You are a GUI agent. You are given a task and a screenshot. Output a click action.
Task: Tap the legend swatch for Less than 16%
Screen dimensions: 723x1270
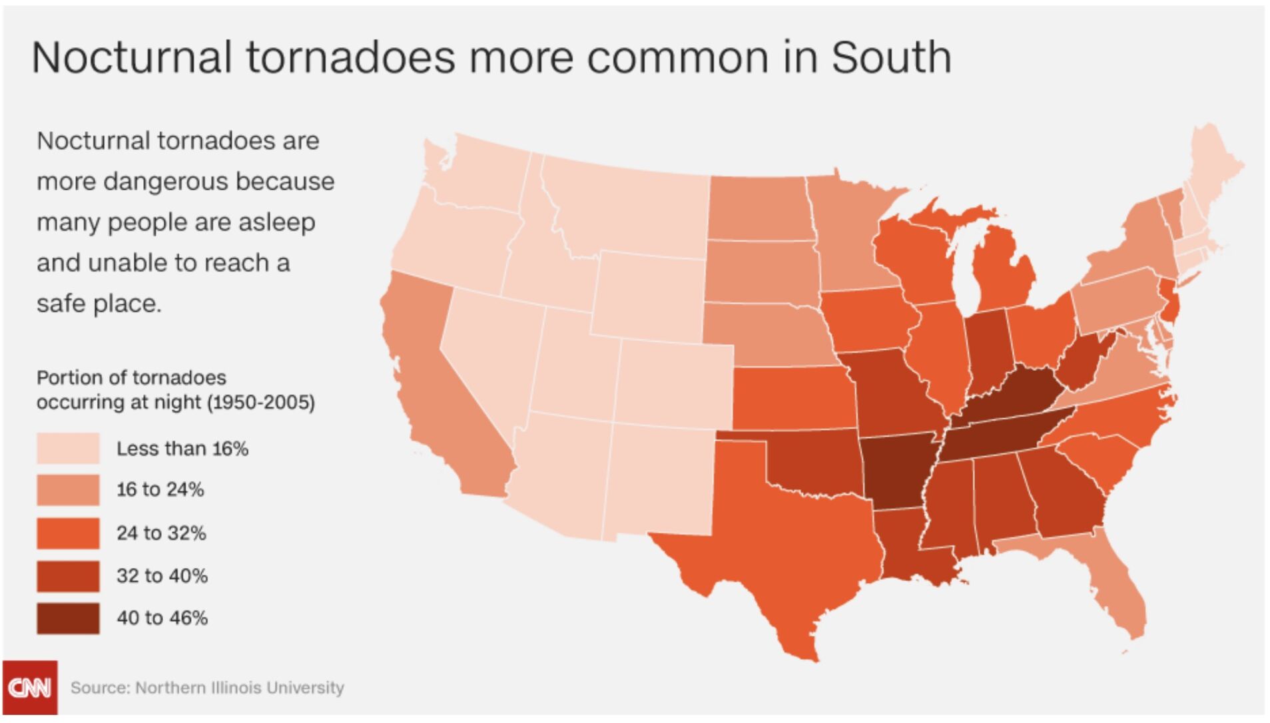(68, 448)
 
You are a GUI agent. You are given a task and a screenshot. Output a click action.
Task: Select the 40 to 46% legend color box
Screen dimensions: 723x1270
(68, 618)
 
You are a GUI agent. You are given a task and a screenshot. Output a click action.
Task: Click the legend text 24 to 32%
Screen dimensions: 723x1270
(161, 533)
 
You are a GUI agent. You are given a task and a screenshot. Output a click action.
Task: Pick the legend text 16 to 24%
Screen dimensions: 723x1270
(160, 490)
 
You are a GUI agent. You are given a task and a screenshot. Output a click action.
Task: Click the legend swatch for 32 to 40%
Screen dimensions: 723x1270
(68, 576)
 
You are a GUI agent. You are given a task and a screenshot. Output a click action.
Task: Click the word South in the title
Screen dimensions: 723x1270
(891, 57)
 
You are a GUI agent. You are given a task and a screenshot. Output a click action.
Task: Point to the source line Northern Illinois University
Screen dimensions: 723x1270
(240, 688)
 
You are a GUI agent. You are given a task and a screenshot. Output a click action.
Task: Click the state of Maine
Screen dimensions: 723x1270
(1212, 166)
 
